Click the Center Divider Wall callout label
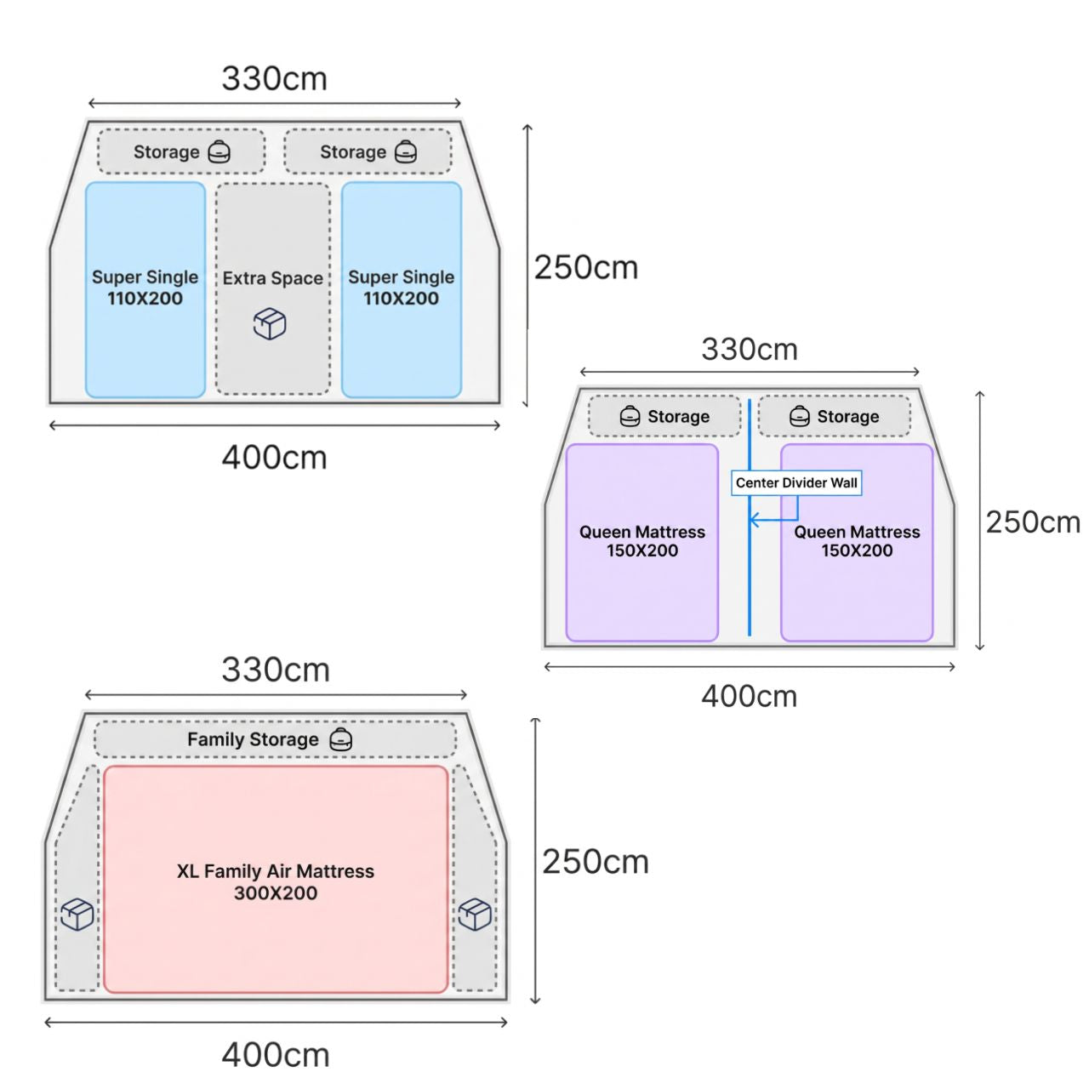[x=795, y=482]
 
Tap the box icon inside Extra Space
[x=270, y=324]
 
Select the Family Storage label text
[x=253, y=739]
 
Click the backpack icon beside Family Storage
[x=341, y=739]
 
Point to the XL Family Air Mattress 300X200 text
[x=275, y=881]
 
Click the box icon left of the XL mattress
[x=77, y=914]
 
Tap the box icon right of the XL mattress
[x=475, y=914]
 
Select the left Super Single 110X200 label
[x=145, y=288]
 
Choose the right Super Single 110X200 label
[x=402, y=288]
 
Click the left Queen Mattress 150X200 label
[x=642, y=541]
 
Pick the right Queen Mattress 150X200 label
[x=857, y=541]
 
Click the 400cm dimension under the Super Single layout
[x=275, y=457]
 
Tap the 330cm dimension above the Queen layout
[x=750, y=350]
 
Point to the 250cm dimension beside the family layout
[x=595, y=862]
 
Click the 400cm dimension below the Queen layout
[x=750, y=696]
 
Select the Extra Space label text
[x=273, y=278]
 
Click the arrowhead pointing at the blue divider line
[x=753, y=519]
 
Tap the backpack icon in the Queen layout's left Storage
[x=630, y=416]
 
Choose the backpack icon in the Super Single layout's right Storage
[x=405, y=151]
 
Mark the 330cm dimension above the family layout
[x=276, y=670]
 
